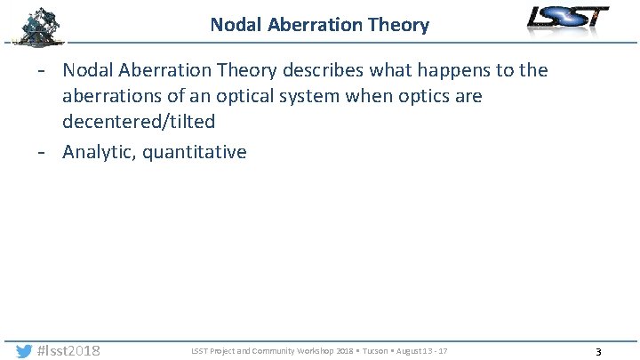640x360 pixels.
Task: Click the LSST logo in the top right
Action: click(568, 19)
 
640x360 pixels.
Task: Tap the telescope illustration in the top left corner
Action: click(38, 25)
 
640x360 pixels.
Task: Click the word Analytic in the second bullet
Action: click(99, 152)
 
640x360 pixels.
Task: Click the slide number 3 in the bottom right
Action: click(598, 352)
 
